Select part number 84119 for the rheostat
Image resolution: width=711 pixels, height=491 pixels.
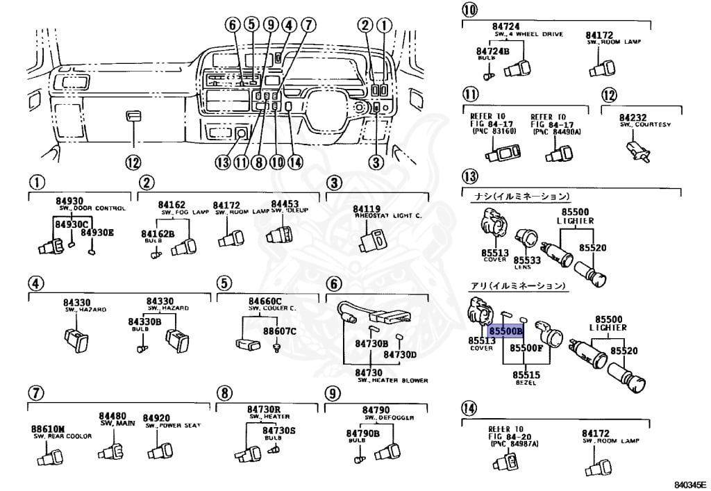367,209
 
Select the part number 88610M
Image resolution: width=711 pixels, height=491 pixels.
48,429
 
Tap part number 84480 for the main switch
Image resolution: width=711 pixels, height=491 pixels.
112,415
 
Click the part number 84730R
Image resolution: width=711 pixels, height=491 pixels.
263,409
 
